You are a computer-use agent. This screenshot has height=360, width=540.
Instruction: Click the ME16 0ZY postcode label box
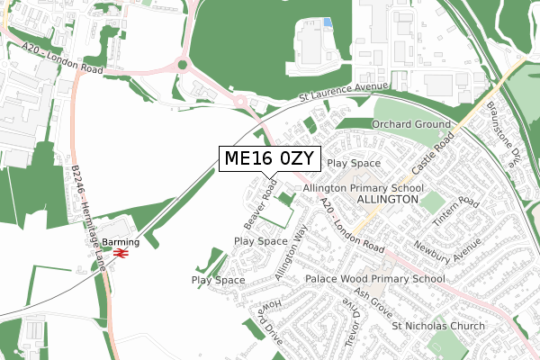pyautogui.click(x=269, y=159)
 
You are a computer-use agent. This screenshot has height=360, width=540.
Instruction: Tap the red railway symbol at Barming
pyautogui.click(x=119, y=256)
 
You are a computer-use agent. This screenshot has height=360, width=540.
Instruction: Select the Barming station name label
pyautogui.click(x=120, y=242)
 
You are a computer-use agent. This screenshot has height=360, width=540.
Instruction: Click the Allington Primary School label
pyautogui.click(x=376, y=187)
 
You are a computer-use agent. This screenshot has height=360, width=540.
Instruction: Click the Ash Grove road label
pyautogui.click(x=373, y=301)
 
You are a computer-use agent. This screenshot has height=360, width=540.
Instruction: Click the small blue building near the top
pyautogui.click(x=327, y=22)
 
